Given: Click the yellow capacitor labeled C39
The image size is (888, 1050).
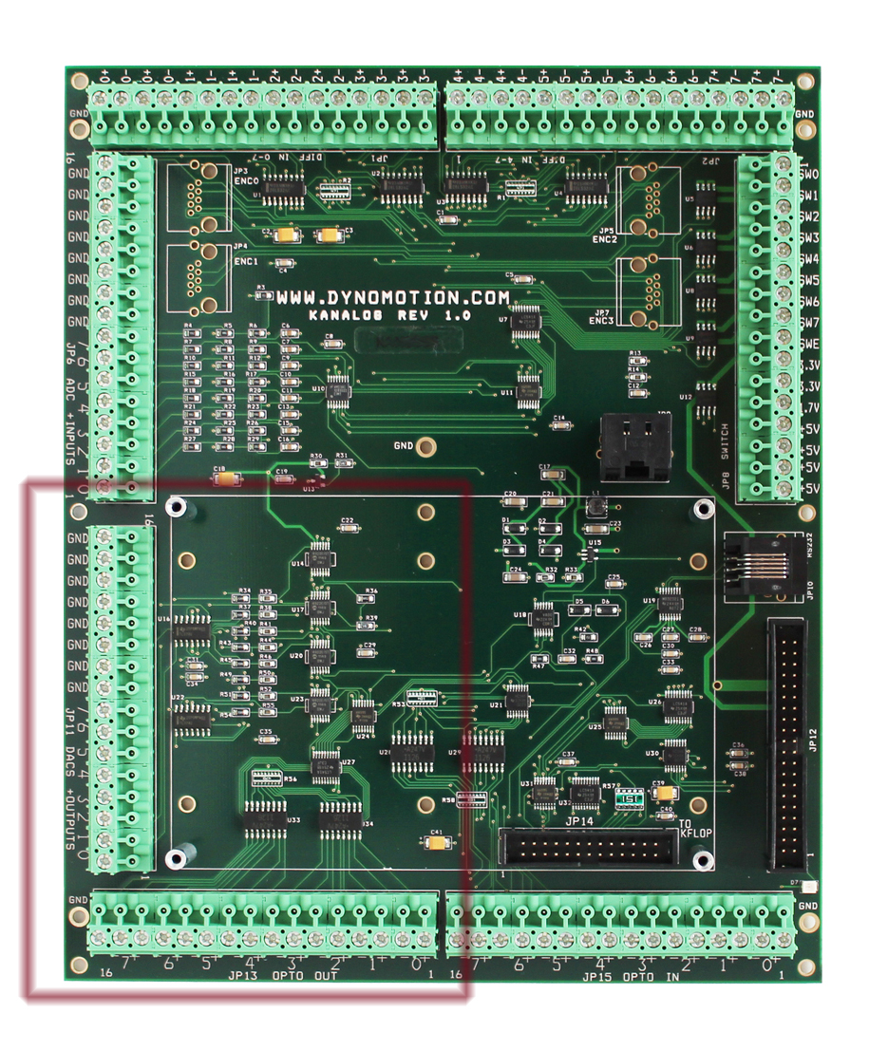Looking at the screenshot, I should click(x=664, y=794).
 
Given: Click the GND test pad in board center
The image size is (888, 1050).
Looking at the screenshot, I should click(x=428, y=445).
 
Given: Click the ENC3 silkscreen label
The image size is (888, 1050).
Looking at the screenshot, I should click(x=601, y=322).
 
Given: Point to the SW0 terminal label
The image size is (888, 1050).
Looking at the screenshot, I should click(x=809, y=176).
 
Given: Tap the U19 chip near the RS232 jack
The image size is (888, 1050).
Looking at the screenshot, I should click(x=671, y=604).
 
